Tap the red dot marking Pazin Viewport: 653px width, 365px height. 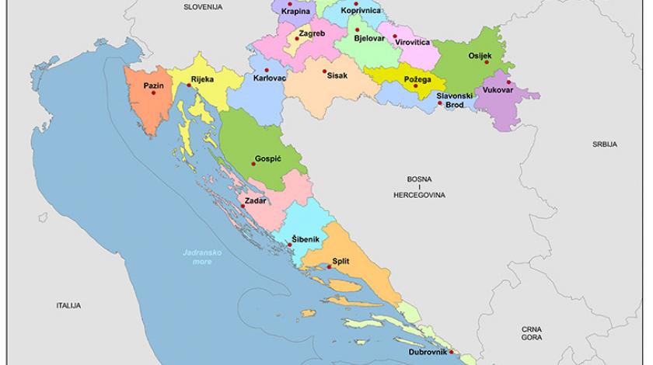pyautogui.click(x=154, y=93)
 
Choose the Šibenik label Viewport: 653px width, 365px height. pyautogui.click(x=305, y=238)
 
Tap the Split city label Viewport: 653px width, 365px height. pyautogui.click(x=340, y=261)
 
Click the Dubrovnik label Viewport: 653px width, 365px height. pyautogui.click(x=428, y=353)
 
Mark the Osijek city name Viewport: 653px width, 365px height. pyautogui.click(x=480, y=56)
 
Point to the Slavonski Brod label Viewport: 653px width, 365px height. pyautogui.click(x=454, y=99)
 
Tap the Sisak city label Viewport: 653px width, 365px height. pyautogui.click(x=335, y=76)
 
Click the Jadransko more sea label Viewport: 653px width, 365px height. pyautogui.click(x=197, y=257)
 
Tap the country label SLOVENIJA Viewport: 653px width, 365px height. pyautogui.click(x=203, y=6)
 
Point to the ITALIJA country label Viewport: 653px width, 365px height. pyautogui.click(x=69, y=306)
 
